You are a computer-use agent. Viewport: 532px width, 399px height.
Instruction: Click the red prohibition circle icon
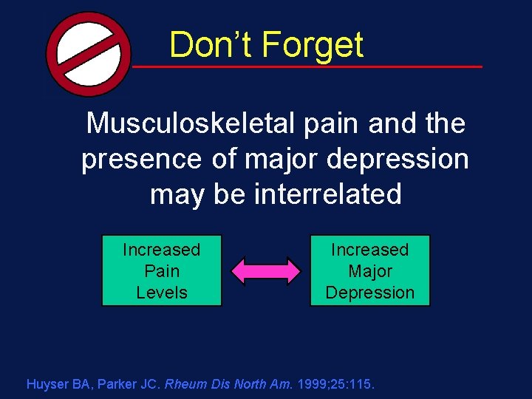click(x=87, y=53)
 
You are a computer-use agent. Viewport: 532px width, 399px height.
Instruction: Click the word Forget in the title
click(x=313, y=45)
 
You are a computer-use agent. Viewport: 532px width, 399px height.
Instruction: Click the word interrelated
click(x=327, y=194)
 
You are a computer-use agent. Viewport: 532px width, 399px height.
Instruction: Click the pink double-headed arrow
click(x=266, y=271)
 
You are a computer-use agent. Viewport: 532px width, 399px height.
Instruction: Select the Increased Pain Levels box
click(x=162, y=270)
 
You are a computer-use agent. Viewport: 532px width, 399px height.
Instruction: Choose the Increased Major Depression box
click(x=369, y=270)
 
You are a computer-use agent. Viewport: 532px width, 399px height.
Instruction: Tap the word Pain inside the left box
click(x=162, y=271)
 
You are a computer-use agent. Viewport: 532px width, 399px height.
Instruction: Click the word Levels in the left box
click(x=162, y=293)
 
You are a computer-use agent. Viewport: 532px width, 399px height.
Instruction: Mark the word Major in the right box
click(x=369, y=271)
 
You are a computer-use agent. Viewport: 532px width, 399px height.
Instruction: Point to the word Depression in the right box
click(x=369, y=293)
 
